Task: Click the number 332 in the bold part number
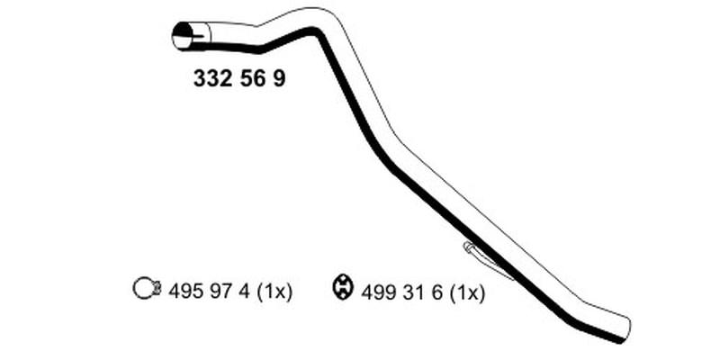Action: pos(212,78)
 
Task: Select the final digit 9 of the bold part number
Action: pos(279,78)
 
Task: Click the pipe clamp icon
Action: pos(147,289)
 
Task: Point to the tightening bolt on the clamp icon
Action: pos(157,289)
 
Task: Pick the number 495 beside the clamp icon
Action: pos(186,291)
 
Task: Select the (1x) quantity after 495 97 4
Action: pos(274,291)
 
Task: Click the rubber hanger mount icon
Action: pos(342,288)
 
